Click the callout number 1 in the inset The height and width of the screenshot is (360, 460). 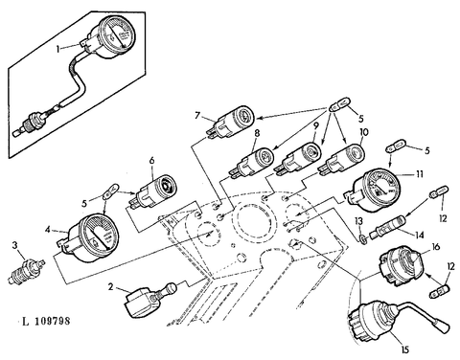pyautogui.click(x=58, y=49)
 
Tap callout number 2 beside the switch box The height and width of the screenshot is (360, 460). pyautogui.click(x=110, y=287)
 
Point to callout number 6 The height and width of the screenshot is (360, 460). pyautogui.click(x=151, y=160)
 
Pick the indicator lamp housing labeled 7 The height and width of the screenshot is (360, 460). pyautogui.click(x=233, y=122)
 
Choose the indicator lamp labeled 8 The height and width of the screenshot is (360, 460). pyautogui.click(x=253, y=160)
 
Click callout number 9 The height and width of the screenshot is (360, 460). pyautogui.click(x=315, y=126)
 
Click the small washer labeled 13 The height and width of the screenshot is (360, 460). pyautogui.click(x=363, y=238)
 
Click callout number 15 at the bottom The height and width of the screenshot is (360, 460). pyautogui.click(x=404, y=349)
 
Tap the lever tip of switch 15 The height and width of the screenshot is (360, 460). pyautogui.click(x=444, y=327)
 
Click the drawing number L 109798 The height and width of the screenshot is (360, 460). pyautogui.click(x=46, y=321)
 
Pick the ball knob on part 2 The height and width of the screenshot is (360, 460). pyautogui.click(x=171, y=289)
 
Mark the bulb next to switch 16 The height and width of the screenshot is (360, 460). pyautogui.click(x=441, y=291)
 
